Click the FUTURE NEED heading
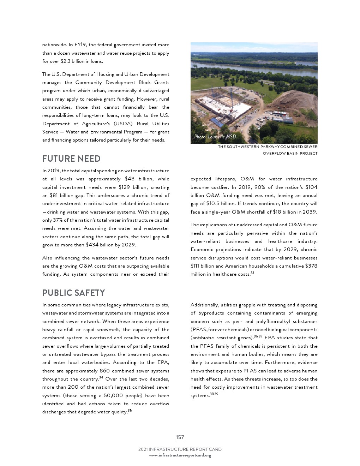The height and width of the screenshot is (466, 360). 71,159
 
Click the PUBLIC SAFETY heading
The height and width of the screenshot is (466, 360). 73,293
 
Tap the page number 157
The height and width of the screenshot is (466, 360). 180,437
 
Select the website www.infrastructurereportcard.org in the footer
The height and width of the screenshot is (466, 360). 180,455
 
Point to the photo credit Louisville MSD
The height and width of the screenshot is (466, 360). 215,137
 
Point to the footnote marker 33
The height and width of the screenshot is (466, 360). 252,273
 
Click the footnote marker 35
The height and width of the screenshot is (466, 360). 130,410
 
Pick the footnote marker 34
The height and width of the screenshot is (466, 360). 101,377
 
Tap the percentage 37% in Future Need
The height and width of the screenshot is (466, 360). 58,220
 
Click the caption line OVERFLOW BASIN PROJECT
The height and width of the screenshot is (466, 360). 290,154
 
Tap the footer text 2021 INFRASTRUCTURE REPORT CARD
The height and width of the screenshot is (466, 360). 180,449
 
